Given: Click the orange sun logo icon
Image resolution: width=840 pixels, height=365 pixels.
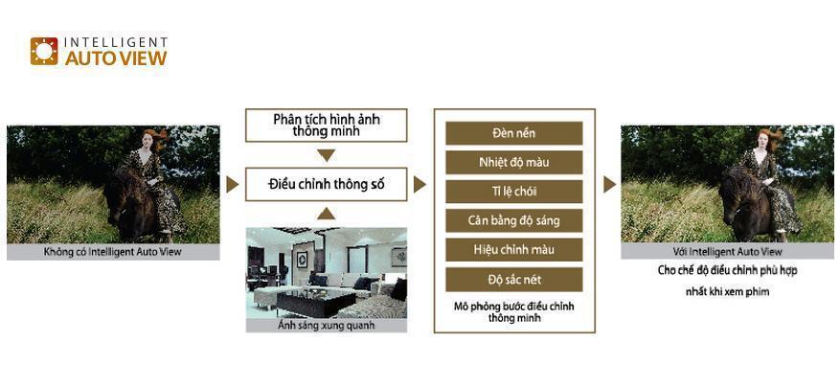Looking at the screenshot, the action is [x=44, y=51].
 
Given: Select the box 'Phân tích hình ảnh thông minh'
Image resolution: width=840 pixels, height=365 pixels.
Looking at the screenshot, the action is [x=326, y=125].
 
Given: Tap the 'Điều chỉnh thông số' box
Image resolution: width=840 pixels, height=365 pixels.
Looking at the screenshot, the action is [x=326, y=184].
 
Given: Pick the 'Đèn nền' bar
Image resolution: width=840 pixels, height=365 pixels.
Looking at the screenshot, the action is [x=513, y=133].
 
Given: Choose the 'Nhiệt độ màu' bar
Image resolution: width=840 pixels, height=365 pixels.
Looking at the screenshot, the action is [x=513, y=162].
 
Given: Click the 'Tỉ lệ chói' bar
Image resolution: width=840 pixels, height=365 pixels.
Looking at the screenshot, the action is [x=513, y=192].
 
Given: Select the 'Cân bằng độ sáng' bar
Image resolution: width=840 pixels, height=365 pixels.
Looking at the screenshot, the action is [x=513, y=221].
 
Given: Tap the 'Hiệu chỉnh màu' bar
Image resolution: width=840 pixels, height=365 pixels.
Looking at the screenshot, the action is [x=513, y=250].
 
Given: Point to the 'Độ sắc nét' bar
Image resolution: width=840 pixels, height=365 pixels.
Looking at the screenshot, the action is [x=513, y=280].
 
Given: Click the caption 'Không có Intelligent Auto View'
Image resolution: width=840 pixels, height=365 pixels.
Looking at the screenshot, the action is [x=112, y=253].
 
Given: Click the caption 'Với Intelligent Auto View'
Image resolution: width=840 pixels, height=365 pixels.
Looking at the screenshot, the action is [x=726, y=252].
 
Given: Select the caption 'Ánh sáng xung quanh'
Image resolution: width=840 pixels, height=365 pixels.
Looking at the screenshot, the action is [x=326, y=326].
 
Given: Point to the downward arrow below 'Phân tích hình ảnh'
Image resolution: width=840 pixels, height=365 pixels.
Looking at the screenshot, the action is [x=326, y=155].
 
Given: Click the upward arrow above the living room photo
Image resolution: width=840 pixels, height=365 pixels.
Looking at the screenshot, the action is [x=326, y=213].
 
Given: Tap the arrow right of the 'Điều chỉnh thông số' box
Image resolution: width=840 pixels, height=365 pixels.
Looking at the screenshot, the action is [x=420, y=184].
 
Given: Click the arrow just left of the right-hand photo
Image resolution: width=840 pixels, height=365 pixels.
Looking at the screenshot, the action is [x=609, y=184].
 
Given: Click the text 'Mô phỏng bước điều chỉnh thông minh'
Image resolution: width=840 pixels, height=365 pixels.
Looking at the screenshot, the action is [x=513, y=311].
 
